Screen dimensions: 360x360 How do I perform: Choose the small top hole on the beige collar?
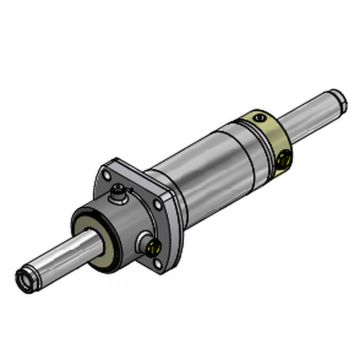tap(261, 119)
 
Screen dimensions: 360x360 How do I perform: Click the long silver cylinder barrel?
tap(200, 170)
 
